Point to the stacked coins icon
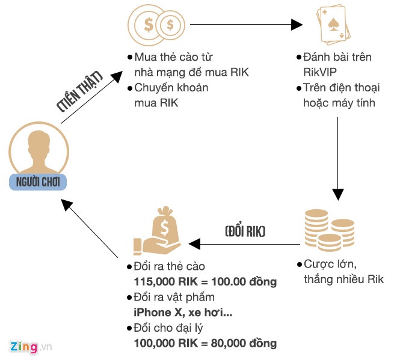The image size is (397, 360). (x=328, y=230)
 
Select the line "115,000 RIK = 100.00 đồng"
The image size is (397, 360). (x=205, y=281)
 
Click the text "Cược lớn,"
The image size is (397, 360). (x=331, y=264)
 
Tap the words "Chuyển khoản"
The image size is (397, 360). (x=171, y=88)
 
